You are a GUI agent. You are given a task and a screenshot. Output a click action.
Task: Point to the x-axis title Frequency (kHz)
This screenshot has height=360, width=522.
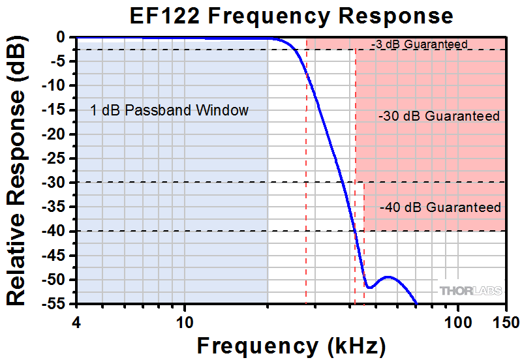(291, 344)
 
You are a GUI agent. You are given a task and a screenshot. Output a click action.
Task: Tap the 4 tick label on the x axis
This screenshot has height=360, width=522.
(78, 322)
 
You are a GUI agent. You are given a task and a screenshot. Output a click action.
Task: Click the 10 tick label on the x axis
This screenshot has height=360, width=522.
(185, 322)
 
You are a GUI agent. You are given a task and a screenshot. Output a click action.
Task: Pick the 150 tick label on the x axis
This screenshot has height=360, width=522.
(505, 322)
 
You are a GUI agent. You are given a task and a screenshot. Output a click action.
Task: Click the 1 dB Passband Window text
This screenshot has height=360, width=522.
(170, 110)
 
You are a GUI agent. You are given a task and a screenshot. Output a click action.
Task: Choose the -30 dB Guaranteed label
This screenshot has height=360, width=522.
(438, 117)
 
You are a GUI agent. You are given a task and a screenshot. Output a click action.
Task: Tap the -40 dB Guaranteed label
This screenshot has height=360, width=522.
(440, 207)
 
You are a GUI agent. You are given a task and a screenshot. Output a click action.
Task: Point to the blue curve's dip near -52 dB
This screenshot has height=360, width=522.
(369, 287)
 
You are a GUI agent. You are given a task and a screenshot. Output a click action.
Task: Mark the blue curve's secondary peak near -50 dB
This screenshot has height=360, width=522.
(389, 277)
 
